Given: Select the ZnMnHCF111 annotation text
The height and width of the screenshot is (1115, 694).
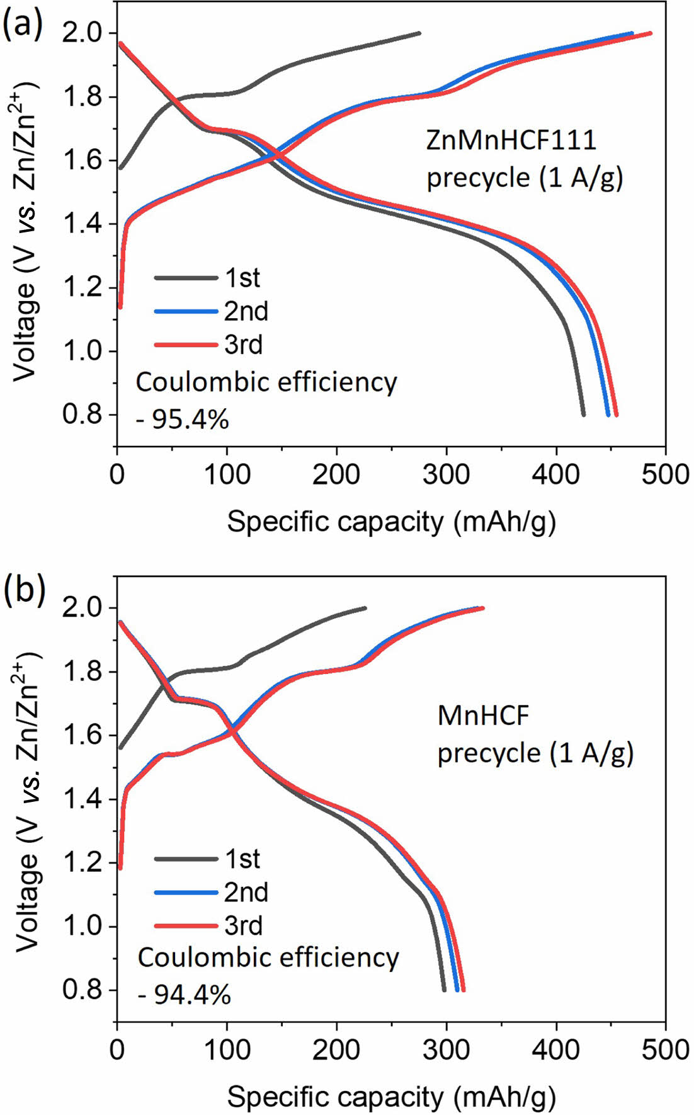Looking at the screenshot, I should (511, 140).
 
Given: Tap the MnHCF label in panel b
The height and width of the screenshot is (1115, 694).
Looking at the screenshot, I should (484, 716).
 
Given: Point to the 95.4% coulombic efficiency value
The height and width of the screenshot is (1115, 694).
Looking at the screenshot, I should (183, 419).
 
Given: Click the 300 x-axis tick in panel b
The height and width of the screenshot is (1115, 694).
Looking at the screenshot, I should (447, 1049).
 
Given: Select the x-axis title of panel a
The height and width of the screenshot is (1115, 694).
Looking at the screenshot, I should (391, 522).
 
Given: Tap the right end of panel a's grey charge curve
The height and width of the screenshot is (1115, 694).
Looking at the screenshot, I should (419, 33).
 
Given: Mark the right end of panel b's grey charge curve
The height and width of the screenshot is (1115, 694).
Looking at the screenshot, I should (365, 608).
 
